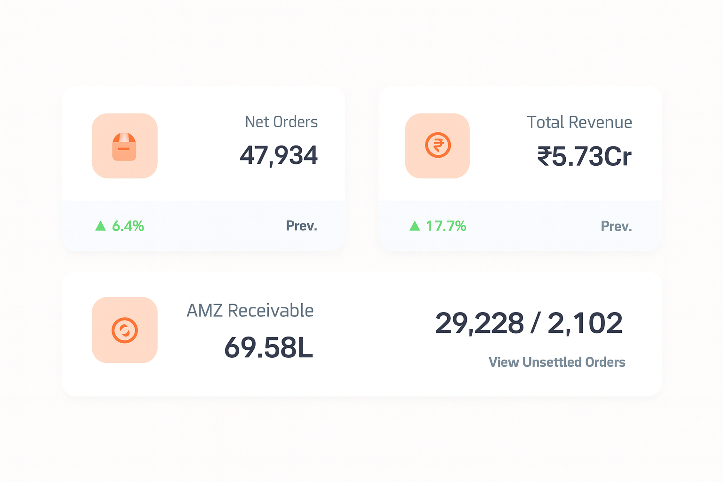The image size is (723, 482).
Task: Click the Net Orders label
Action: pos(281,122)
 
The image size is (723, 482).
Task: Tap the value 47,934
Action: pos(279,155)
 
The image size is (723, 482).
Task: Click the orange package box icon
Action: pos(124,146)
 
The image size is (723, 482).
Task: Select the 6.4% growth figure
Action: pos(128,226)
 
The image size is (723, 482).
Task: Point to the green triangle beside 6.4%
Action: pos(100,226)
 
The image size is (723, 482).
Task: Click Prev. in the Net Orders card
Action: pos(301,226)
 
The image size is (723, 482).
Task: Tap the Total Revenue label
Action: pos(579,122)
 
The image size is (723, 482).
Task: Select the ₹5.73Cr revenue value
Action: pos(584,156)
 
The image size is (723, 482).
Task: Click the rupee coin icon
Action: pos(438,145)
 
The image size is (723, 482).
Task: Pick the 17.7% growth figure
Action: pos(446,226)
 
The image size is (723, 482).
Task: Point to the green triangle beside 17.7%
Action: pos(415,226)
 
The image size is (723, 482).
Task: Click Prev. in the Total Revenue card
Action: pos(616,226)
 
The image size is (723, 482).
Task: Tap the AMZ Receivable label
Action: pos(250,311)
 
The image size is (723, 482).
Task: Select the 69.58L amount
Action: pos(268,348)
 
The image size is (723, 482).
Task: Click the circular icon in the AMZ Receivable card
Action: pos(125,330)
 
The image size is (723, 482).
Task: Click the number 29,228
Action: pos(479,323)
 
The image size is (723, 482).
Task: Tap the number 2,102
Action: pos(585,323)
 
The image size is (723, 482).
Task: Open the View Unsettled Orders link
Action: pos(557,362)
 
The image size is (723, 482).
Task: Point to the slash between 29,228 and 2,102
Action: pos(535,323)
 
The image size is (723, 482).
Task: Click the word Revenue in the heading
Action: pos(600,122)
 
